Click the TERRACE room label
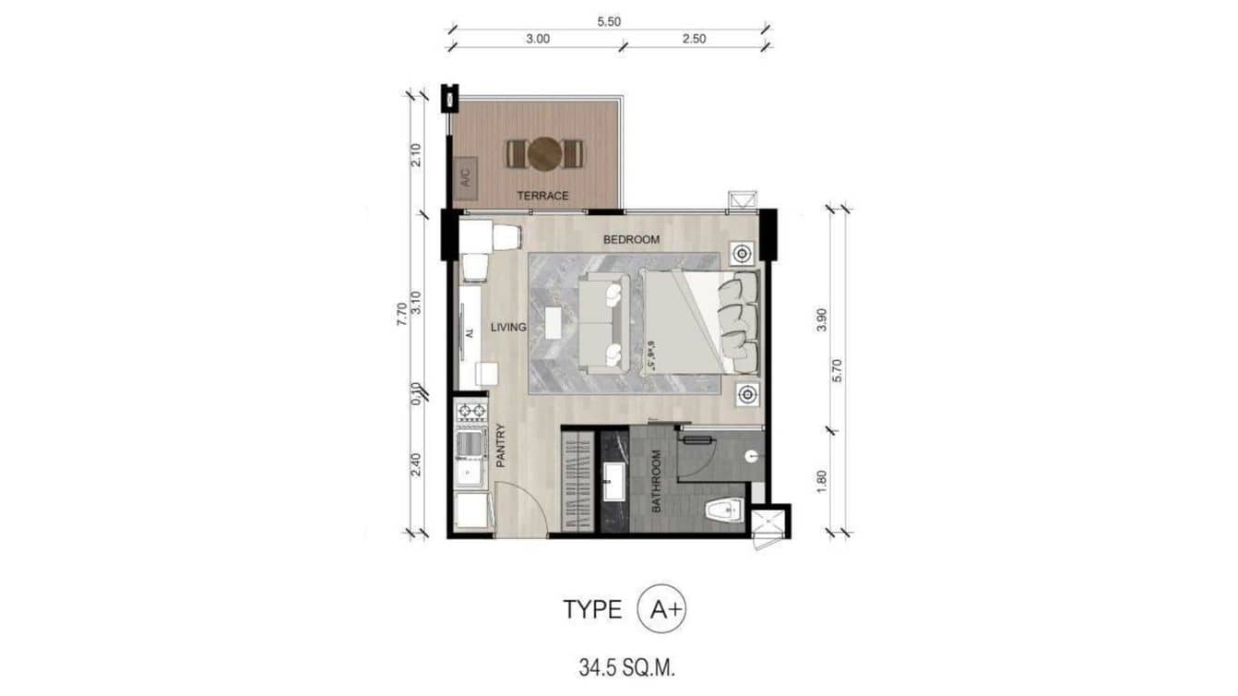(542, 196)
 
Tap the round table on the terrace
(544, 153)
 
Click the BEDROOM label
(631, 240)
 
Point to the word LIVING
(507, 327)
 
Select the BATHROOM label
(657, 481)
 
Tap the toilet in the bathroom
(724, 509)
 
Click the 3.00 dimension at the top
(538, 39)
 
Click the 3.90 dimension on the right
(821, 319)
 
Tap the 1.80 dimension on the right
(821, 482)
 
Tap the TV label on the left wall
(469, 332)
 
